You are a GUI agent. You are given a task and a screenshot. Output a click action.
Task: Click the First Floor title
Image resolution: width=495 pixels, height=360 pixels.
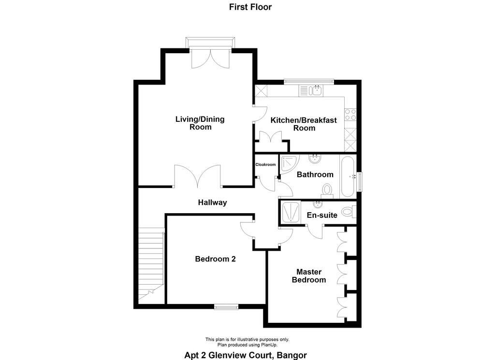pyautogui.click(x=250, y=7)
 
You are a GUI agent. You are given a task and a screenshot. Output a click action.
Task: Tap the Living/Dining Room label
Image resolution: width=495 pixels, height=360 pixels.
pyautogui.click(x=200, y=123)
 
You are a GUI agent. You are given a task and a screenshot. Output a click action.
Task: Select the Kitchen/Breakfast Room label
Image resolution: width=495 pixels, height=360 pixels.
pyautogui.click(x=304, y=124)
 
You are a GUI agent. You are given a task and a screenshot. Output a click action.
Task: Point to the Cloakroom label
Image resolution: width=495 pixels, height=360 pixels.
pyautogui.click(x=265, y=164)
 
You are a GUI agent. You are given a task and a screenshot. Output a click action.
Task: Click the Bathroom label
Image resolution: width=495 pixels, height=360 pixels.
pyautogui.click(x=315, y=174)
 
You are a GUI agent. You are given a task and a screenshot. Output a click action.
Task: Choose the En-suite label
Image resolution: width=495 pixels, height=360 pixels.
pyautogui.click(x=322, y=215)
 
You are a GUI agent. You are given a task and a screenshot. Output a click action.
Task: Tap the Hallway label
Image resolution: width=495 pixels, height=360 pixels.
pyautogui.click(x=213, y=202)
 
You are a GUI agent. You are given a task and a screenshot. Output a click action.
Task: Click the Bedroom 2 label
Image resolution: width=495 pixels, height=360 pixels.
pyautogui.click(x=215, y=259)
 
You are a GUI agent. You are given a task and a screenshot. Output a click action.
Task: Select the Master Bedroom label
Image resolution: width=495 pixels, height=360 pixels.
pyautogui.click(x=309, y=276)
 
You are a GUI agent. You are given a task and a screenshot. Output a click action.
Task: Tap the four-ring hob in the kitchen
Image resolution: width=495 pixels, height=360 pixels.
pyautogui.click(x=350, y=115)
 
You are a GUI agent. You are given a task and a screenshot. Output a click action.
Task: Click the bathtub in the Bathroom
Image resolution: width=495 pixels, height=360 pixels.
pyautogui.click(x=348, y=177)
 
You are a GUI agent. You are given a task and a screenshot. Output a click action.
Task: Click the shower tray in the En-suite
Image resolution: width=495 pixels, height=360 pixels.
pyautogui.click(x=291, y=212)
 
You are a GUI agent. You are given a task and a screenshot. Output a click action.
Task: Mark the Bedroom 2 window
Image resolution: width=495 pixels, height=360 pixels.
pyautogui.click(x=226, y=306)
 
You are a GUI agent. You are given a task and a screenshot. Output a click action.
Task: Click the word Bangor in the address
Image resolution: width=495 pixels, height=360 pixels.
pyautogui.click(x=292, y=355)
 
